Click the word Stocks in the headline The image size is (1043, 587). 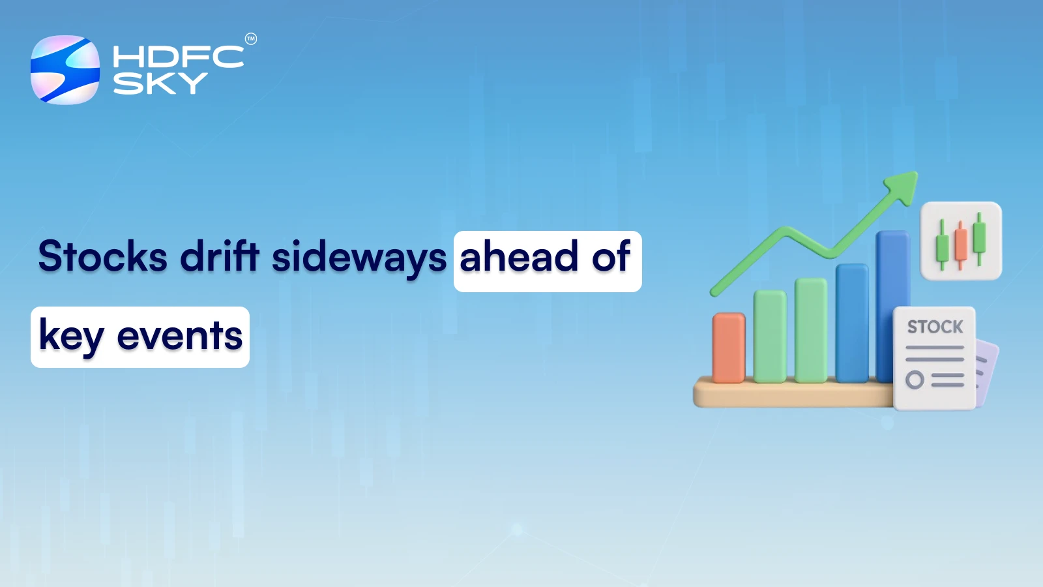pos(102,256)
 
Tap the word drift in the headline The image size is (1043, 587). pos(220,256)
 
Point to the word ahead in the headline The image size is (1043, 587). pos(519,256)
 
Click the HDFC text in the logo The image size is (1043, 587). pos(178,57)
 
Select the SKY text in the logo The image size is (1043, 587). pos(160,83)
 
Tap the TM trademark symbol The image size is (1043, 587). pos(251,39)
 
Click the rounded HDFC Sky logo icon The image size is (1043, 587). pos(65,70)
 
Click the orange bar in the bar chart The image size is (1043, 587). pos(728,347)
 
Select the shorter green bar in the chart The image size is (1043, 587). pos(770,336)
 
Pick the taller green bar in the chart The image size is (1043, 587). pos(811,329)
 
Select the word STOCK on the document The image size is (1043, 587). pos(935,327)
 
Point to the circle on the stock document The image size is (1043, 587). pos(915,380)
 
